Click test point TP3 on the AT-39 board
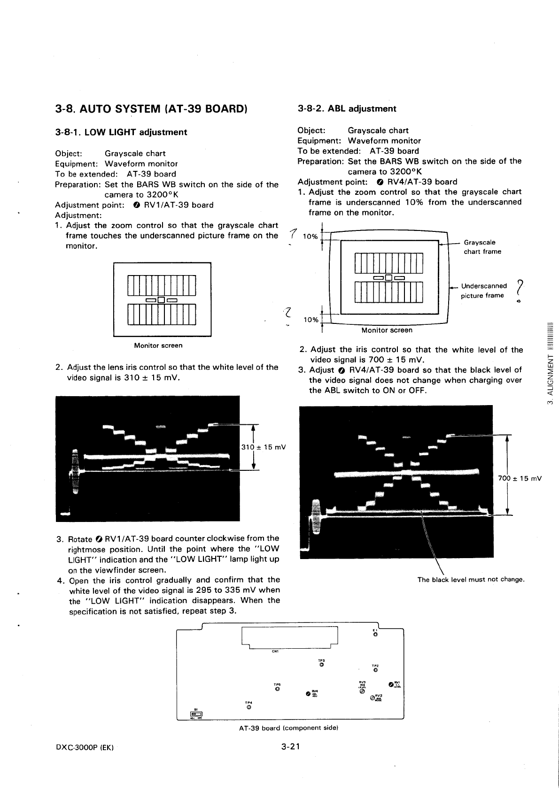321,664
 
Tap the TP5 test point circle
277,689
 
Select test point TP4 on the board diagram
249,707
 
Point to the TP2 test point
375,670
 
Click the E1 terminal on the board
374,635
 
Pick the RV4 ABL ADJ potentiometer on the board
308,693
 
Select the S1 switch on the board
196,714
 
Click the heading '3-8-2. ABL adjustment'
347,109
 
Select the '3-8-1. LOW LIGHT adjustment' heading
121,132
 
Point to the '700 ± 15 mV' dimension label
520,478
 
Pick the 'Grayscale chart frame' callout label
482,247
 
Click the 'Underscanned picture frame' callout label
483,291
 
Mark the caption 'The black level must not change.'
471,579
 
